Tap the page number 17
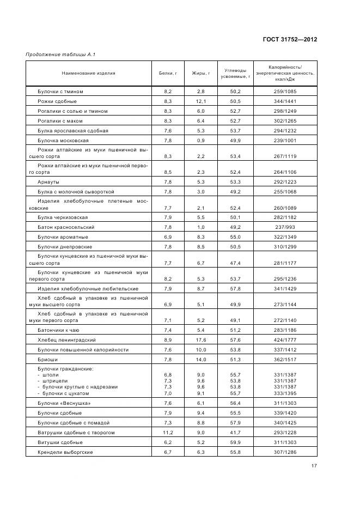314,466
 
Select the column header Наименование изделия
88,73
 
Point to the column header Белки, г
168,73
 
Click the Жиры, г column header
200,73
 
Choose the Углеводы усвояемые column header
236,73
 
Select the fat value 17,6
200,340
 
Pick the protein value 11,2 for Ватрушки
168,433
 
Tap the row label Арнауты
48,182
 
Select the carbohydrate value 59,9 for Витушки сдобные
236,442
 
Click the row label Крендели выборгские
65,452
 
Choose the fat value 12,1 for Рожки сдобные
200,101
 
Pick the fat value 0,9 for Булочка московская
200,141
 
